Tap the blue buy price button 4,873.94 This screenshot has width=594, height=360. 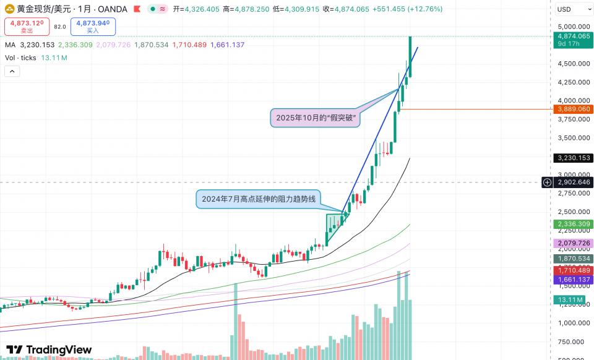93,26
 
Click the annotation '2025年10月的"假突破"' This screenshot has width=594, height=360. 316,118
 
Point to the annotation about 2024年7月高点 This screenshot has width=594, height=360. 259,199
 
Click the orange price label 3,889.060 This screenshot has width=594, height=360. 572,109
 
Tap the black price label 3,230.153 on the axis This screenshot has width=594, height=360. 572,158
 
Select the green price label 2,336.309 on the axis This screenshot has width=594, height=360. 572,224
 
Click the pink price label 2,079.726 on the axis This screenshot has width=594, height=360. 572,243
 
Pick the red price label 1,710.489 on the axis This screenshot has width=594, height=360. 572,270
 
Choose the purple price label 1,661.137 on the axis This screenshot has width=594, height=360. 572,280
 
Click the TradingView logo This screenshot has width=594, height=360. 49,349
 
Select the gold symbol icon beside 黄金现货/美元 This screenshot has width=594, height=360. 10,9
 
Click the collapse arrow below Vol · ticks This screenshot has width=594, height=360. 12,71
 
